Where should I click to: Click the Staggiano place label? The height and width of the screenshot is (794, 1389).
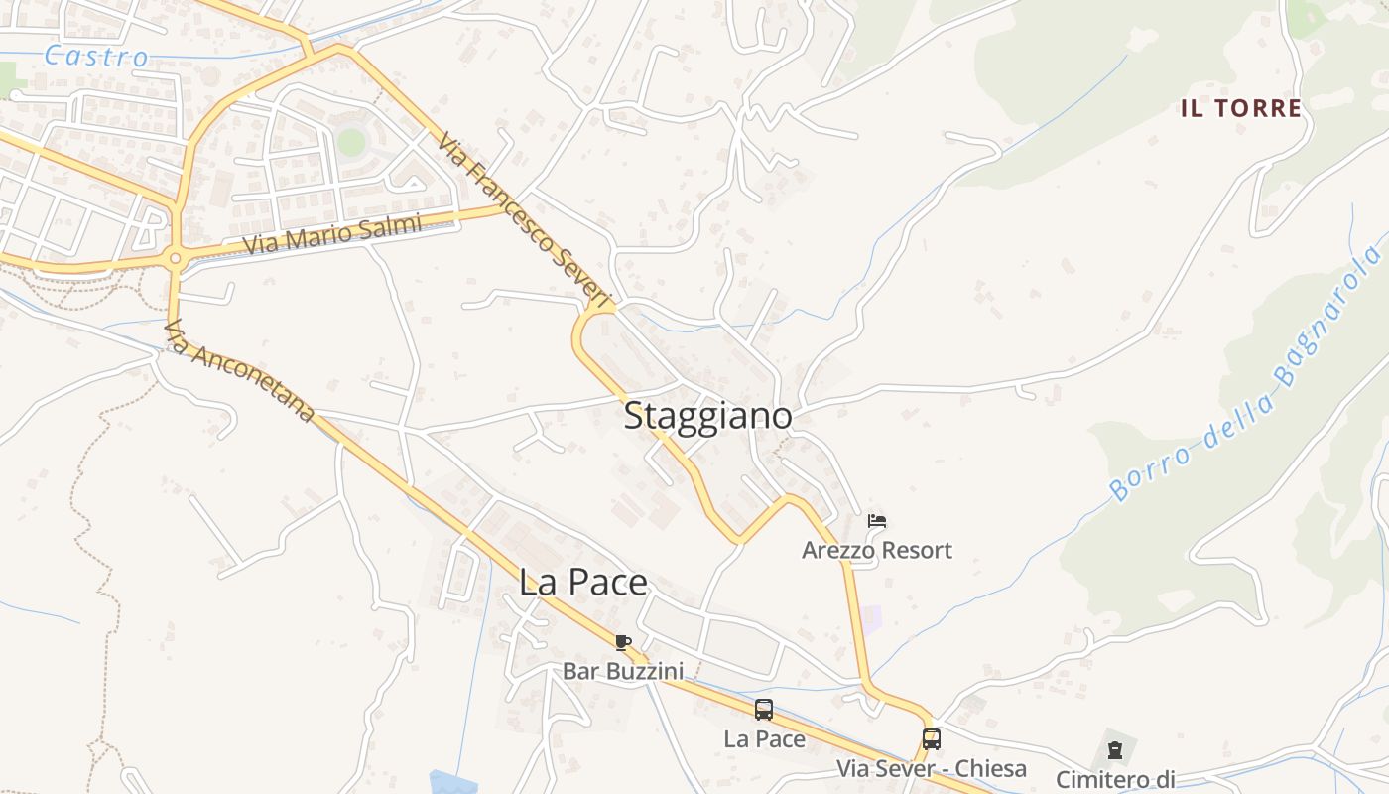click(x=707, y=416)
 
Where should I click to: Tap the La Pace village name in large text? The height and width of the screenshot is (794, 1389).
click(x=582, y=583)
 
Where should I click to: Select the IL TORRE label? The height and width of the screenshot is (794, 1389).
click(x=1240, y=108)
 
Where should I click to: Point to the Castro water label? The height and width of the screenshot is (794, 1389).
click(x=96, y=57)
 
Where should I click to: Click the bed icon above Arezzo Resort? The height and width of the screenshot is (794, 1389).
click(x=876, y=520)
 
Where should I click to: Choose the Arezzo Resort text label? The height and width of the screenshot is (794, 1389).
click(x=876, y=550)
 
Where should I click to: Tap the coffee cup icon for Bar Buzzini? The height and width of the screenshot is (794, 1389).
click(x=622, y=642)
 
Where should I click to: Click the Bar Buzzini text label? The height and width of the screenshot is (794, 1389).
click(x=622, y=671)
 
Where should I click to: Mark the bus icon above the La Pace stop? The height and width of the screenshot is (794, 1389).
click(x=763, y=710)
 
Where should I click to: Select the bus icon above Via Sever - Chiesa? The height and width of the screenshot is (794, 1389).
click(x=931, y=739)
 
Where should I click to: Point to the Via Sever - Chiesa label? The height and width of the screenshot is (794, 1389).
click(x=931, y=769)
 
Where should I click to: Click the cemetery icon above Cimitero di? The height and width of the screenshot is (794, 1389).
click(x=1114, y=749)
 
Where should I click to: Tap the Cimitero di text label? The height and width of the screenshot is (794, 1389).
click(x=1114, y=779)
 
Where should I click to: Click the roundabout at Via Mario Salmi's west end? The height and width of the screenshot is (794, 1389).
click(x=176, y=259)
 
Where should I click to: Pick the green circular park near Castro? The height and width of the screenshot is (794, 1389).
click(x=350, y=142)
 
